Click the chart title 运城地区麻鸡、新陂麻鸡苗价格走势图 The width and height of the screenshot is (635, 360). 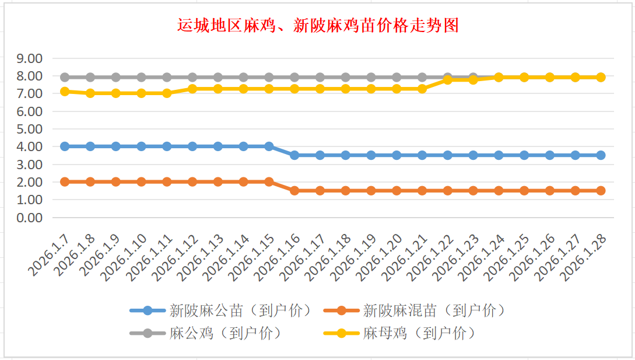[318, 26]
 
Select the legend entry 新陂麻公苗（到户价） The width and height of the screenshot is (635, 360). [240, 310]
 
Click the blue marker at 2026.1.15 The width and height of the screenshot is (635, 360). [269, 146]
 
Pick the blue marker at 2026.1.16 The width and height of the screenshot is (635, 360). [294, 155]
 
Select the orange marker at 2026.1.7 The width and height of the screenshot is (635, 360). [65, 182]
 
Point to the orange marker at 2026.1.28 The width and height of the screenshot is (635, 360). [601, 191]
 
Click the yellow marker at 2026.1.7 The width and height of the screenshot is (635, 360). [65, 92]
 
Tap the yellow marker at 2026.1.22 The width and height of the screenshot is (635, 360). [447, 80]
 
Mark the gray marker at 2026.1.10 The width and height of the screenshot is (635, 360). [141, 77]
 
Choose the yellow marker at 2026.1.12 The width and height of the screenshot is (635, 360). [192, 89]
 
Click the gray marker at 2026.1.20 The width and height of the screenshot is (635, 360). [397, 77]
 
